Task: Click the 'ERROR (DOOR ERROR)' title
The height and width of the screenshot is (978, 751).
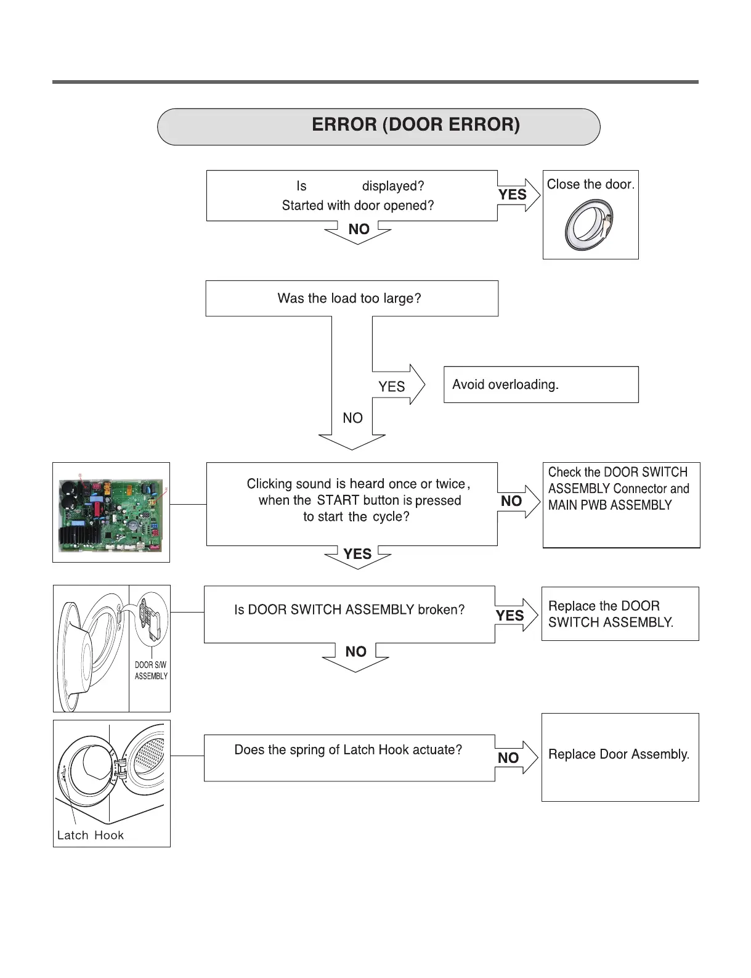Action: tap(415, 125)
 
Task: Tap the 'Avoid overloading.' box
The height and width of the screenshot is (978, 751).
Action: tap(540, 385)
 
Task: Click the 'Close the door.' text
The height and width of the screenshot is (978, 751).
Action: tap(590, 184)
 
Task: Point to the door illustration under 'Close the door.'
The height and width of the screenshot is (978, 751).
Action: tap(589, 226)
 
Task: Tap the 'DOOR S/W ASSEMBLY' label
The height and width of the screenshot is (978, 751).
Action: tap(151, 670)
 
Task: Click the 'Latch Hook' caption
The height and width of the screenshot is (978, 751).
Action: tap(91, 835)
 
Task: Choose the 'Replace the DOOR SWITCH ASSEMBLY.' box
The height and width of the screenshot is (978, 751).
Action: tap(619, 614)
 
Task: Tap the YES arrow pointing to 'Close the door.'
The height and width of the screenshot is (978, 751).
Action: tap(516, 195)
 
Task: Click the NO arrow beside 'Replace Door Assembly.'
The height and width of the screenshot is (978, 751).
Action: tap(514, 757)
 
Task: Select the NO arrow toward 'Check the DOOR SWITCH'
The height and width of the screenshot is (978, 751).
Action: tap(517, 501)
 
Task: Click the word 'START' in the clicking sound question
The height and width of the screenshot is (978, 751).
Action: tap(338, 500)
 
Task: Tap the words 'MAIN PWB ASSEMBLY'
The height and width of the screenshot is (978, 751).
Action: tap(610, 505)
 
